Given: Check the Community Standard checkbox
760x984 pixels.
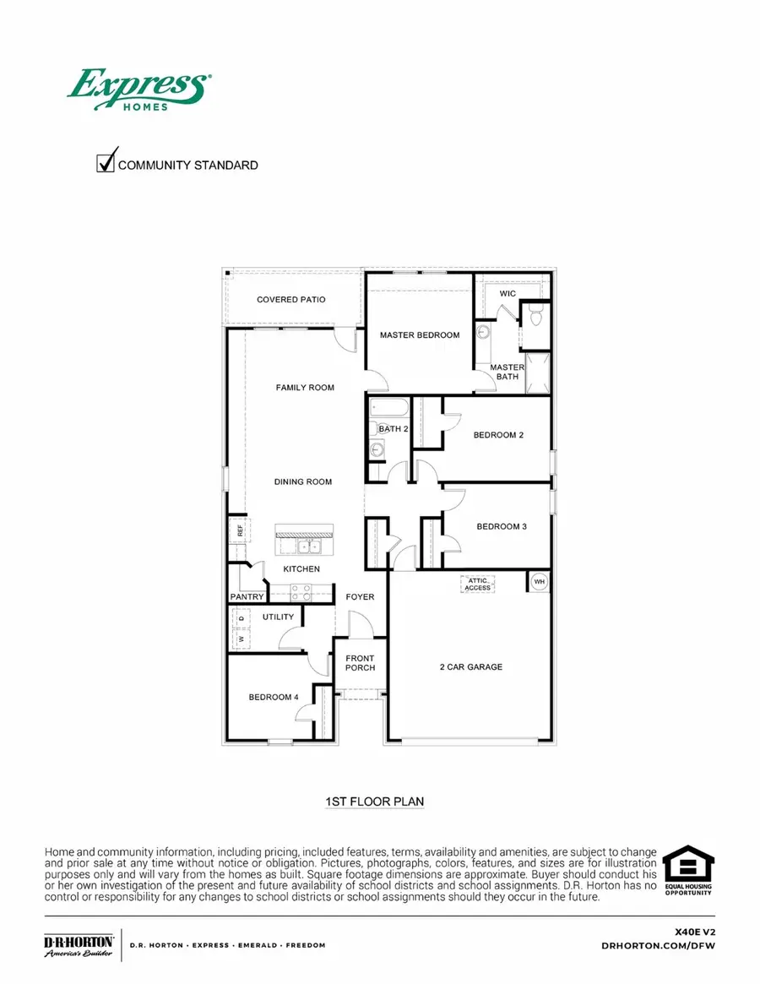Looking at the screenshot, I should point(106,161).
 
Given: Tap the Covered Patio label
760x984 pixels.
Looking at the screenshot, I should point(291,300).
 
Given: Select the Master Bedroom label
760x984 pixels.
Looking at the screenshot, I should point(420,335).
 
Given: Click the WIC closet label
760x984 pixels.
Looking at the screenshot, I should point(508,293).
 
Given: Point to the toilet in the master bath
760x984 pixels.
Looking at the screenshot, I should point(535,316).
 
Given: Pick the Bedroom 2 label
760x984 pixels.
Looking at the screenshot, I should point(498,435).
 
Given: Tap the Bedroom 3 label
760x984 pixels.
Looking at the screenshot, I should point(502,526).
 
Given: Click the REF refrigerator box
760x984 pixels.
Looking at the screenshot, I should point(240,530).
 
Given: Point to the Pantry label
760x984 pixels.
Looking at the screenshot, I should point(247,597).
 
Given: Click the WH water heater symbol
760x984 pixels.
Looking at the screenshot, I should point(539,582).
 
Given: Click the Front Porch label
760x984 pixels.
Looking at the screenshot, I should point(360,663).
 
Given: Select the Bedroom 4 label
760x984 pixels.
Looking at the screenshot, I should point(274,698).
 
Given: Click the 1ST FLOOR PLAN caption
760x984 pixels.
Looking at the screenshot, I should point(374,800).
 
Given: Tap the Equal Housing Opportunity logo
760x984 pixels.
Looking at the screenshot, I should point(688,871).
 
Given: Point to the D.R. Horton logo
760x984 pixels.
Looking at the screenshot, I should point(79,946).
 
